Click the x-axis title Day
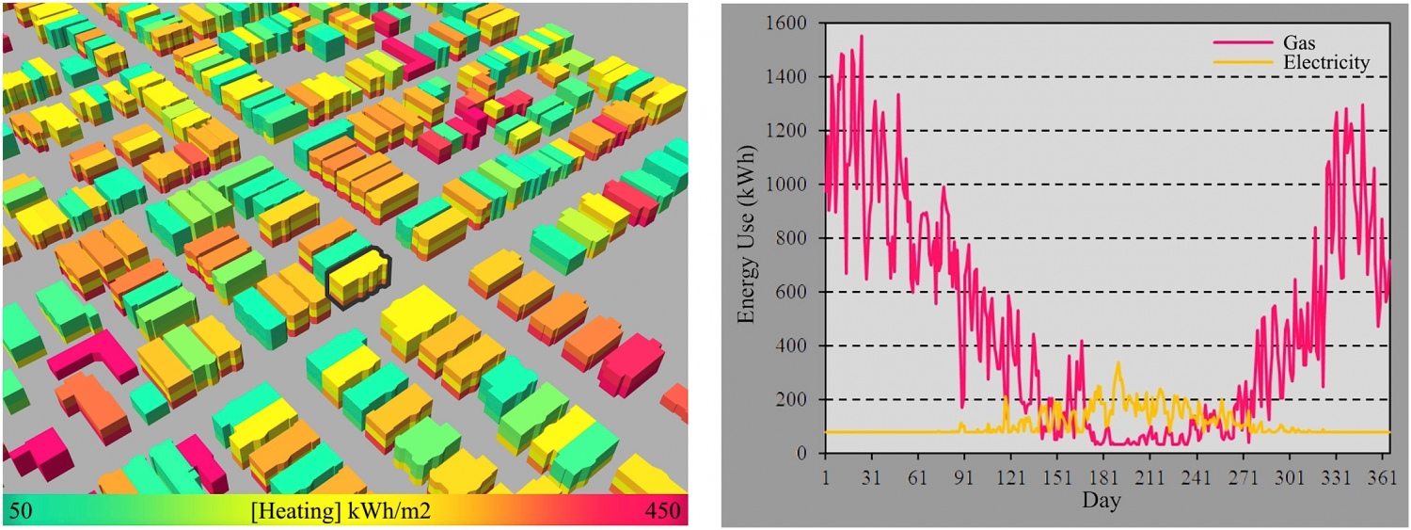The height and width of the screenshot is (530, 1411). (x=1101, y=500)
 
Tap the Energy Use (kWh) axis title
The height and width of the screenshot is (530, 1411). (x=747, y=239)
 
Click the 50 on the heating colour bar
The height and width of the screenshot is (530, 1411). (x=20, y=510)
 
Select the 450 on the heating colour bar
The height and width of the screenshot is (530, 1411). (x=665, y=510)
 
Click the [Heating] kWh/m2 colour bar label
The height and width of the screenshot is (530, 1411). (x=341, y=510)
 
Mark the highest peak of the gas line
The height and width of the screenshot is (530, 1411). (x=861, y=36)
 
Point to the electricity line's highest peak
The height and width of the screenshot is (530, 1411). (x=1118, y=362)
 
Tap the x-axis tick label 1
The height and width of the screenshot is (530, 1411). (x=825, y=475)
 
